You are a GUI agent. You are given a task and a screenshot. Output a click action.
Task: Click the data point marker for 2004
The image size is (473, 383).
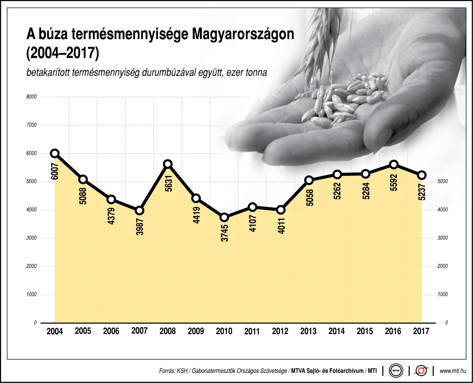tap(55, 153)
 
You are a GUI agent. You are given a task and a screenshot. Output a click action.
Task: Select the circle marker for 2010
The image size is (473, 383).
tap(224, 217)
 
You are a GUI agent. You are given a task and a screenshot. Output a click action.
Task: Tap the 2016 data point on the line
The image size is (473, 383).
tap(394, 164)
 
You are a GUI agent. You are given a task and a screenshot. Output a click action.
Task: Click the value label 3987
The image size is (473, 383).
tap(140, 227)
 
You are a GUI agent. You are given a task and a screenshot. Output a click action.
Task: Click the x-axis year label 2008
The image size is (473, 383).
tap(168, 331)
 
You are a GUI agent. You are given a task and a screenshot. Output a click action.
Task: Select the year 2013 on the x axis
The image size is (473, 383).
tap(308, 331)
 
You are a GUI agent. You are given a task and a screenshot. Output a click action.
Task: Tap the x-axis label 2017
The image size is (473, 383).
tap(421, 331)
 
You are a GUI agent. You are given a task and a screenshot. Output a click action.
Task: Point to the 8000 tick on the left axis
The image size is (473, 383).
tap(31, 97)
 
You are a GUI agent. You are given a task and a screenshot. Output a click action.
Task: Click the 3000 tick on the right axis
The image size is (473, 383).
tap(443, 238)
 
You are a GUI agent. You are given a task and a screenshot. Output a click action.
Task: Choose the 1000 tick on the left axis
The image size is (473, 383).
tap(31, 294)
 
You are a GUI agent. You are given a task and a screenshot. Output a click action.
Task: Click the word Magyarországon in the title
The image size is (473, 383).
tap(243, 35)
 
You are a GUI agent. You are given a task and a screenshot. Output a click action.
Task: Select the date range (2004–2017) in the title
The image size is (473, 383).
tap(62, 53)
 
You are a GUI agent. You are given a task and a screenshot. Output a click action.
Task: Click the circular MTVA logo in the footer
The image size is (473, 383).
tap(396, 371)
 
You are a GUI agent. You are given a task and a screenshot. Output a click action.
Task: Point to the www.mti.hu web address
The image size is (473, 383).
tap(453, 371)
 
